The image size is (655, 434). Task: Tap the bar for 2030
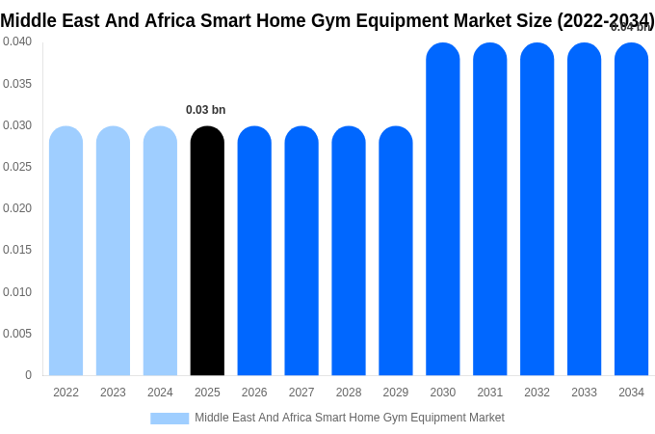(x=443, y=209)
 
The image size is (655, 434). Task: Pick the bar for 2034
(x=631, y=209)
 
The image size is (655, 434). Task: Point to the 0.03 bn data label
(x=205, y=110)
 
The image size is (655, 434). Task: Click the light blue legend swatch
(x=170, y=419)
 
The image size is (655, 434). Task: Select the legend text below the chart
(x=349, y=418)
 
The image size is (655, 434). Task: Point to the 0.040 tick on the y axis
(x=17, y=41)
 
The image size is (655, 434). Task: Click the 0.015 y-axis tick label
(x=17, y=250)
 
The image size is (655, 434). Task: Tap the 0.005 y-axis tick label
(x=17, y=334)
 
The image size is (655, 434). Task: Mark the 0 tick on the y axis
(x=28, y=375)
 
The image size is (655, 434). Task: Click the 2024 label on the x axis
(x=160, y=393)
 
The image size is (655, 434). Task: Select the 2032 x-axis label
(x=537, y=393)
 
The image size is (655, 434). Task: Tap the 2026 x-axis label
(x=254, y=393)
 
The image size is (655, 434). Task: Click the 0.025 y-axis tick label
(x=17, y=167)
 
